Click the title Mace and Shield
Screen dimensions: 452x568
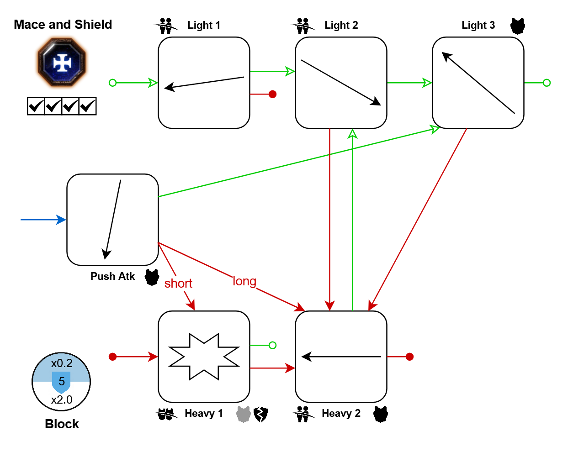click(x=63, y=25)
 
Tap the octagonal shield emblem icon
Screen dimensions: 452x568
click(x=62, y=63)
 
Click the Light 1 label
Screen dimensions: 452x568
click(x=204, y=26)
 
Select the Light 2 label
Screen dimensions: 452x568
click(x=341, y=26)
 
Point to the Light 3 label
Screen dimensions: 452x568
click(x=478, y=26)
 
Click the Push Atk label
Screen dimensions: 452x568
click(x=112, y=277)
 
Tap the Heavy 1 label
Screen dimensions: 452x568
click(x=204, y=414)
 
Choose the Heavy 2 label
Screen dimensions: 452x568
click(x=341, y=414)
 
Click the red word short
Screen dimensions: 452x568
click(x=178, y=284)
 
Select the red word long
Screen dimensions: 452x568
click(x=244, y=281)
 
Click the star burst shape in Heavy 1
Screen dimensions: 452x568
click(x=204, y=357)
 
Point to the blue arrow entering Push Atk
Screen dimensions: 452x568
click(x=43, y=220)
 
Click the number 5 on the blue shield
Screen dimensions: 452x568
click(x=62, y=382)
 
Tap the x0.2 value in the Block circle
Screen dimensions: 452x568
click(x=62, y=363)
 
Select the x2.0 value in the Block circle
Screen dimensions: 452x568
click(x=62, y=400)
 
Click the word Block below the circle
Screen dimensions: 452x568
click(x=62, y=424)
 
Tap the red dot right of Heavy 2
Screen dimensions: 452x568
click(x=409, y=357)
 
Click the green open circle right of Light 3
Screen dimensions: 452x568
click(x=547, y=83)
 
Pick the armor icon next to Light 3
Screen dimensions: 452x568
click(x=518, y=26)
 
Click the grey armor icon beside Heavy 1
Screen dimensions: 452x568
click(x=243, y=414)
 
